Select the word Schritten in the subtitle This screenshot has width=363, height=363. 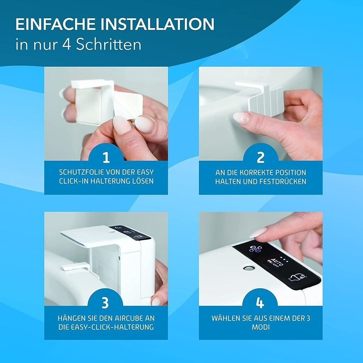pos(108,44)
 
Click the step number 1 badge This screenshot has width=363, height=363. pos(106,157)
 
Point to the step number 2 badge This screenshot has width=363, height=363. pos(261,157)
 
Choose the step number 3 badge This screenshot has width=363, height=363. pos(105,302)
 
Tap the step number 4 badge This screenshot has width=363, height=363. pos(260,302)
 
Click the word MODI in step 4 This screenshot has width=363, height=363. pos(261,327)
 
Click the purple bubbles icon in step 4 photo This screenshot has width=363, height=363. pos(256,249)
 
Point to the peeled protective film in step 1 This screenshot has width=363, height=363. pos(127,106)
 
